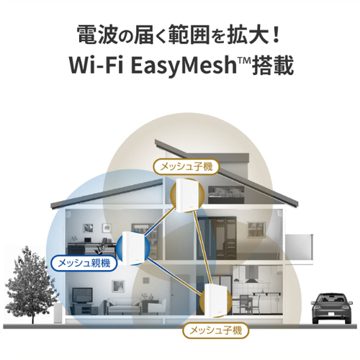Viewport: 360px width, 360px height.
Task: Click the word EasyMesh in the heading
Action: click(x=184, y=66)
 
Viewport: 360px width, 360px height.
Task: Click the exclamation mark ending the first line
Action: click(x=276, y=36)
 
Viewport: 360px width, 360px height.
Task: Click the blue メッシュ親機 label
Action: click(x=84, y=264)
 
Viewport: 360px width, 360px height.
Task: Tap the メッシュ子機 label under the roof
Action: click(x=186, y=166)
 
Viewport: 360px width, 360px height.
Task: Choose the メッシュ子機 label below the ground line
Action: click(x=216, y=330)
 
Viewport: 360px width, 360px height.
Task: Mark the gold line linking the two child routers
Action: click(x=203, y=248)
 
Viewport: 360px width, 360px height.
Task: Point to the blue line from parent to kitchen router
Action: click(x=175, y=276)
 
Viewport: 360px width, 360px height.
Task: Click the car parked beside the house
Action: click(x=332, y=309)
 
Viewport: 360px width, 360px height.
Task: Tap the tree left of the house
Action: click(x=31, y=283)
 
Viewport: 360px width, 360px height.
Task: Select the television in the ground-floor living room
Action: click(x=82, y=295)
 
